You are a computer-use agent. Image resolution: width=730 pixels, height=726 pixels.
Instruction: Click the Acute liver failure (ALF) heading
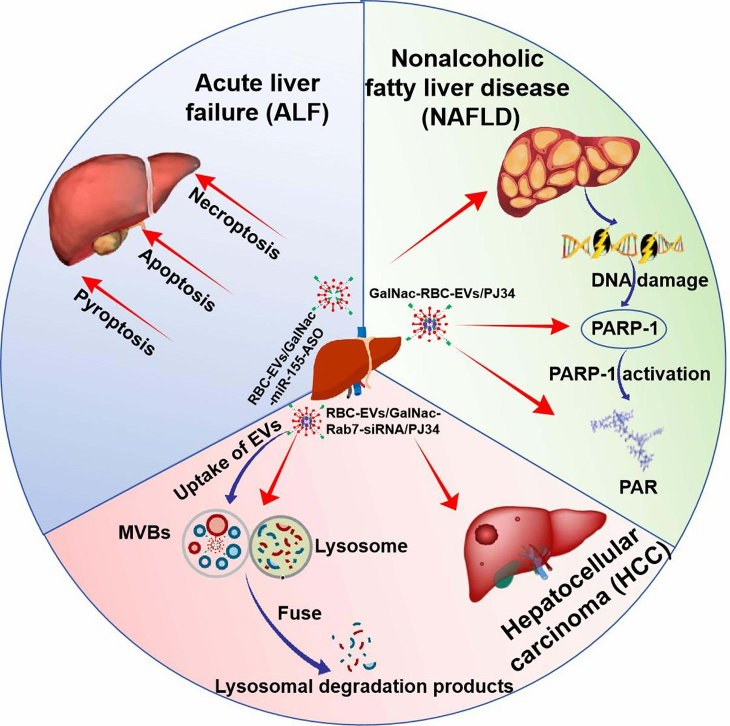265,100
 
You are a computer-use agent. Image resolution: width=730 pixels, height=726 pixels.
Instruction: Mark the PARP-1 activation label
630,373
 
